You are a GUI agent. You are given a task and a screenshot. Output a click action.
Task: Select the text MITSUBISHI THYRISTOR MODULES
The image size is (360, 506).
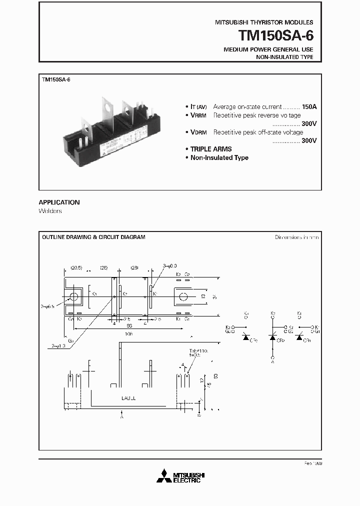coord(264,22)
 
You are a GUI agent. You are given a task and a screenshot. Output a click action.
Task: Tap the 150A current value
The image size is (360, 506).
coord(309,106)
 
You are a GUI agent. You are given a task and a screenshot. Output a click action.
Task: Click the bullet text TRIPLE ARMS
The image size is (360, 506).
coord(211,149)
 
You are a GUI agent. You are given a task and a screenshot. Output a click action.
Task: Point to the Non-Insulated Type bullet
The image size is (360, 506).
coord(219,157)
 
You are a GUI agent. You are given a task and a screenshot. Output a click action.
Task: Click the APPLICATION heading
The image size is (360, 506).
coord(59,202)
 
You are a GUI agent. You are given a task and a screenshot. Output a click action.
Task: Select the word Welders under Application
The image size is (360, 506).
coord(50,211)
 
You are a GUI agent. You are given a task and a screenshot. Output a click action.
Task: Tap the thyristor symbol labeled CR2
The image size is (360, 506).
coord(272,338)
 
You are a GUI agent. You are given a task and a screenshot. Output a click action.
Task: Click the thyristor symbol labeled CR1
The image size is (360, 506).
coord(299,338)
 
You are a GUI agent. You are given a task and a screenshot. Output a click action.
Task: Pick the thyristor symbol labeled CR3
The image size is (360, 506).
coord(245,338)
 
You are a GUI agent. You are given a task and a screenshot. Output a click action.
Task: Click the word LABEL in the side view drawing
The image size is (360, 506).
coord(128,398)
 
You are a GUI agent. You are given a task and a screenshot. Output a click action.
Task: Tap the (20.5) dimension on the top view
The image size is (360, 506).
coord(76,268)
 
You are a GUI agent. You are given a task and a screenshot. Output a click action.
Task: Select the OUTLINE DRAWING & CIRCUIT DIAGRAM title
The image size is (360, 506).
coord(93,237)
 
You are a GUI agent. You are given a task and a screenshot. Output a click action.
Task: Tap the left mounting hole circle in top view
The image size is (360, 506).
coord(74,297)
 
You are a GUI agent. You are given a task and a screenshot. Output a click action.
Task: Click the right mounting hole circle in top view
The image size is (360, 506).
coord(183,297)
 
